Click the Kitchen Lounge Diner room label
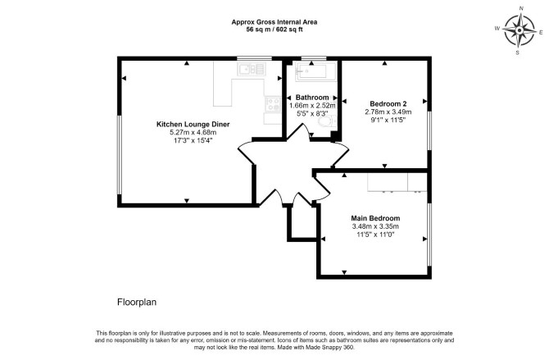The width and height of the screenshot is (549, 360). pos(193,124)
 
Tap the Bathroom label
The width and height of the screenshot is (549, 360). pos(312,97)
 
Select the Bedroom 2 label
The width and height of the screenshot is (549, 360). pos(388,104)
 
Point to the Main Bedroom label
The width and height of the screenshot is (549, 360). pos(375,218)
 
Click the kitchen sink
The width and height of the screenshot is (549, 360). pos(251,69)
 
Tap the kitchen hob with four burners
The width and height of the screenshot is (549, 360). pos(273,104)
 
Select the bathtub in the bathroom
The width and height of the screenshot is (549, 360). pos(315,71)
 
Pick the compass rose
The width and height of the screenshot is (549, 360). pos(520,30)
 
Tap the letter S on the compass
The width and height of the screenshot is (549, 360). pos(518,52)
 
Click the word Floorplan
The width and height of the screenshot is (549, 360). pos(137,302)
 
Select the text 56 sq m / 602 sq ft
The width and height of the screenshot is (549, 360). pos(274,30)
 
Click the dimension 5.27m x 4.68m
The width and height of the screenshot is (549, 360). pos(193,133)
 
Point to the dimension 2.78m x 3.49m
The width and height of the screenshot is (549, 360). pos(388,112)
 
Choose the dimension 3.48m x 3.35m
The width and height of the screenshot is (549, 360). pos(375,226)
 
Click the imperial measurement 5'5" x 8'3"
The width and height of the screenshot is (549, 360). pos(312,113)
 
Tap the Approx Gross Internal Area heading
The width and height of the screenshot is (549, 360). pos(274,22)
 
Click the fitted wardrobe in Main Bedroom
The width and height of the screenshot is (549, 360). pos(397,182)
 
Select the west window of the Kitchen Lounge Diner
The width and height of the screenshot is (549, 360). pos(120,155)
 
